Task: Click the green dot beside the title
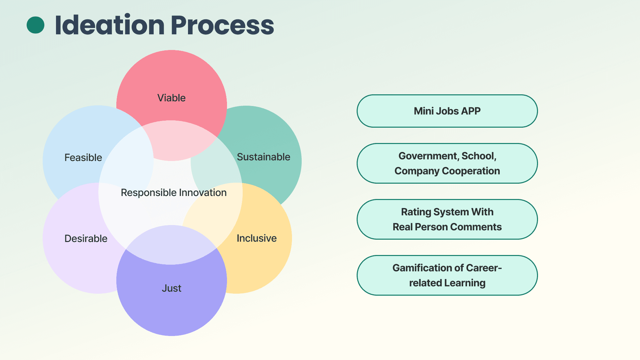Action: (35, 25)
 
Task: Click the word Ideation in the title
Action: (110, 25)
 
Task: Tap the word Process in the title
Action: (222, 25)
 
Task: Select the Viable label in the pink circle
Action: (171, 98)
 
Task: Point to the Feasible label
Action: (83, 157)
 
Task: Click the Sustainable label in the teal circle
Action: (263, 157)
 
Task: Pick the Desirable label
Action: (86, 239)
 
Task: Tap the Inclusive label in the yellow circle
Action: (256, 238)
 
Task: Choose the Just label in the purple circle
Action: (171, 288)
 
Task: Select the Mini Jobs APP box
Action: (447, 111)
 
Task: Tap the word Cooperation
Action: (471, 171)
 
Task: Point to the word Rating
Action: (416, 212)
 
